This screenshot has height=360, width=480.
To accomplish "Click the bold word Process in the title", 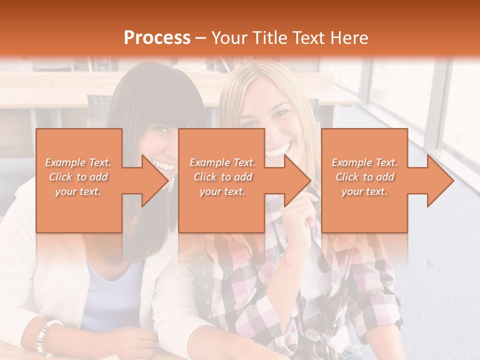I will (157, 38).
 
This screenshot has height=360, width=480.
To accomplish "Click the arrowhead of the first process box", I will (155, 180).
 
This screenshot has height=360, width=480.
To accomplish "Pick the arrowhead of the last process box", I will (440, 180).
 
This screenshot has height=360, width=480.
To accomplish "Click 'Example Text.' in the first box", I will (78, 162).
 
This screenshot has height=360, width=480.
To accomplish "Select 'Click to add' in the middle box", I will (222, 177).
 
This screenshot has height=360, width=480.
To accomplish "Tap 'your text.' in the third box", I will (364, 191).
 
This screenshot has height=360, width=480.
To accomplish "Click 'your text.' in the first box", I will (78, 191).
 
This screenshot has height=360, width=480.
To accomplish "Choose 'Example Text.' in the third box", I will (364, 162).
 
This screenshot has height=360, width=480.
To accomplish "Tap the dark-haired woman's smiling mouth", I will (163, 164).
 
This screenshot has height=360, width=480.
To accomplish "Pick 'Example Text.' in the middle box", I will (222, 162).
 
